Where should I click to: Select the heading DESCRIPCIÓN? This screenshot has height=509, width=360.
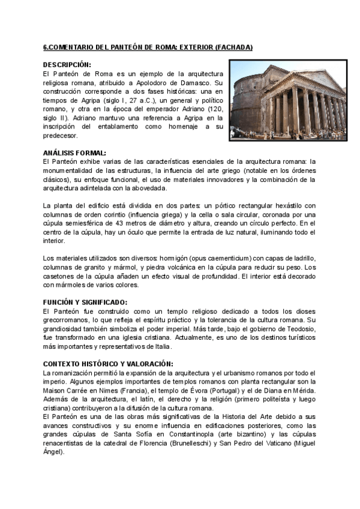(x=67, y=64)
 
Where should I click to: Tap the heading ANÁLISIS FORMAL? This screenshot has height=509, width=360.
(x=74, y=152)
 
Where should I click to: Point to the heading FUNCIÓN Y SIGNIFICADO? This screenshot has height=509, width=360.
(x=86, y=302)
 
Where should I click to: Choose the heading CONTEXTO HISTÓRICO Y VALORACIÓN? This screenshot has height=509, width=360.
(x=109, y=364)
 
